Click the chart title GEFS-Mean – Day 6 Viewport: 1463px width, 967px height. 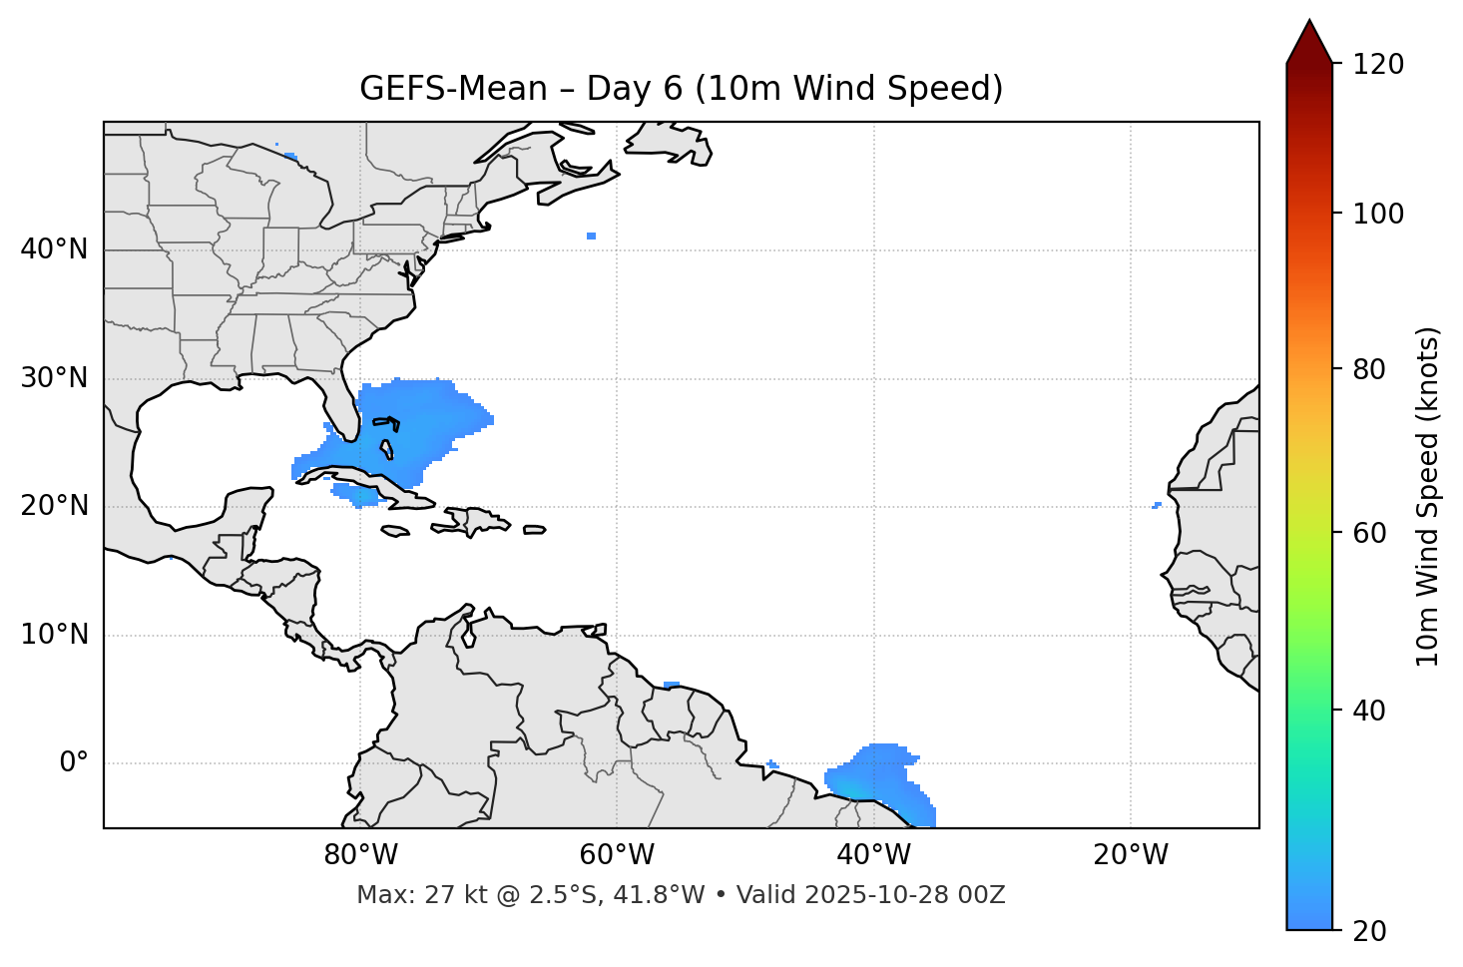tap(681, 89)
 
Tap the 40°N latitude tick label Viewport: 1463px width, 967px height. tap(54, 249)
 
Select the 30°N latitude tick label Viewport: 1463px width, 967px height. tap(54, 378)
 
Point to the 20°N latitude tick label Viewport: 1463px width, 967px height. tap(54, 506)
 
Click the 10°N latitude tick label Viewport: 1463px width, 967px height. tap(54, 635)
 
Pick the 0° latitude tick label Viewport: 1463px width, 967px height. tap(74, 763)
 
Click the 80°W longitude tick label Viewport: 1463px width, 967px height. tap(360, 855)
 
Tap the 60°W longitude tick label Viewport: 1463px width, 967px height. tap(617, 855)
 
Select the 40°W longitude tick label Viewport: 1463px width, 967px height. tap(873, 855)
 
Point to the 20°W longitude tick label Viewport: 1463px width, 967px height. tap(1130, 855)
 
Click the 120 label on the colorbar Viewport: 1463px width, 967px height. tap(1378, 65)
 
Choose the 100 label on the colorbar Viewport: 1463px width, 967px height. tap(1378, 214)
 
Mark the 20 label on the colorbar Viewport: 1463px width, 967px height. tap(1369, 931)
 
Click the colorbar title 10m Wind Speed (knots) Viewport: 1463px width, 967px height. tap(1428, 496)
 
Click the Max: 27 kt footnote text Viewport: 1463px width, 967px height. tap(681, 895)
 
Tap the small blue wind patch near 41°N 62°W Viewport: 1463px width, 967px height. tap(592, 237)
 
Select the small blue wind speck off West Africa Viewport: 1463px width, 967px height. tap(1157, 505)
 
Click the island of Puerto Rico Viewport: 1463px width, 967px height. tap(535, 530)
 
